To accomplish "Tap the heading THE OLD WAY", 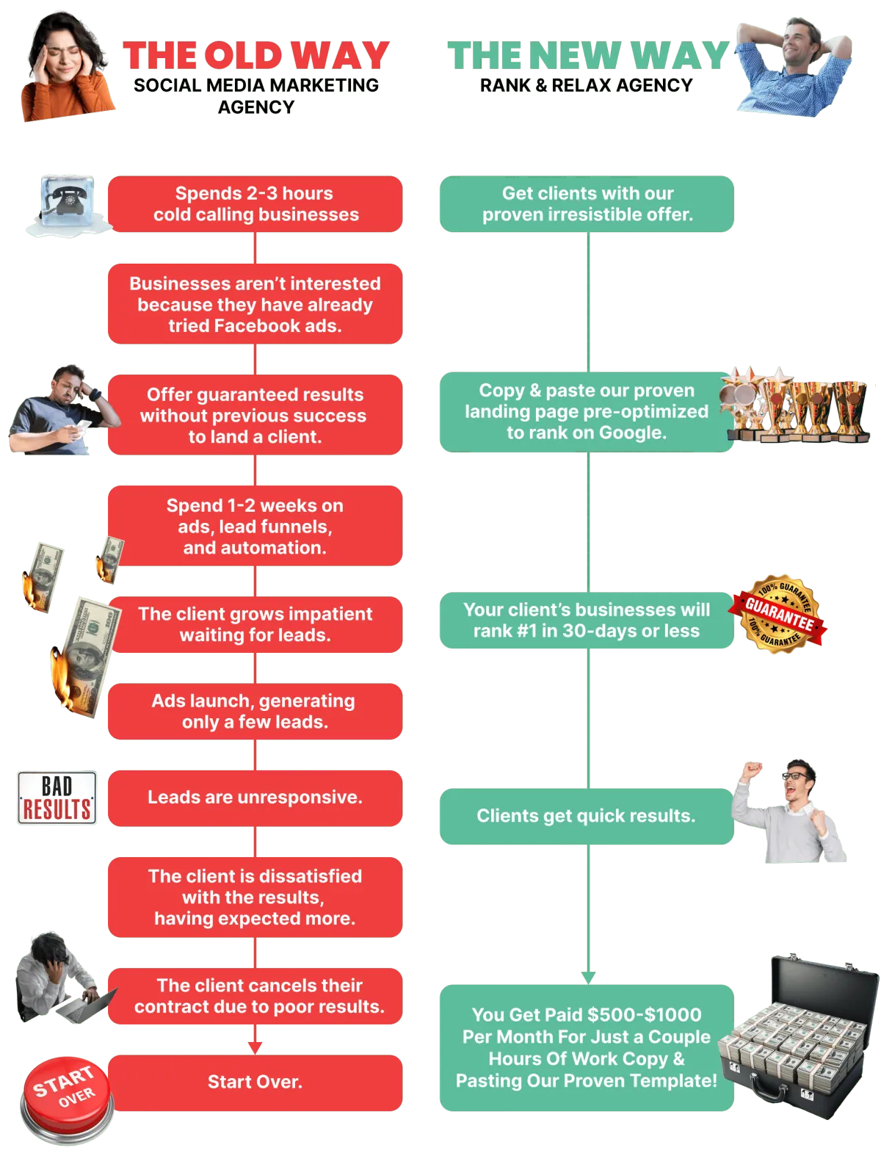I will [x=255, y=56].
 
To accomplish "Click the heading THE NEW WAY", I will [x=587, y=56].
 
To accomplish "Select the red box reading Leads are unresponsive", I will [x=255, y=798].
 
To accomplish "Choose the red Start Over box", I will [x=255, y=1082].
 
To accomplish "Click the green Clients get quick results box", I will [x=586, y=816].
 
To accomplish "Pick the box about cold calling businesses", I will [x=255, y=204].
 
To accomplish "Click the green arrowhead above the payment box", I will [x=588, y=977].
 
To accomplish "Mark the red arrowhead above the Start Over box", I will [x=255, y=1048].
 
